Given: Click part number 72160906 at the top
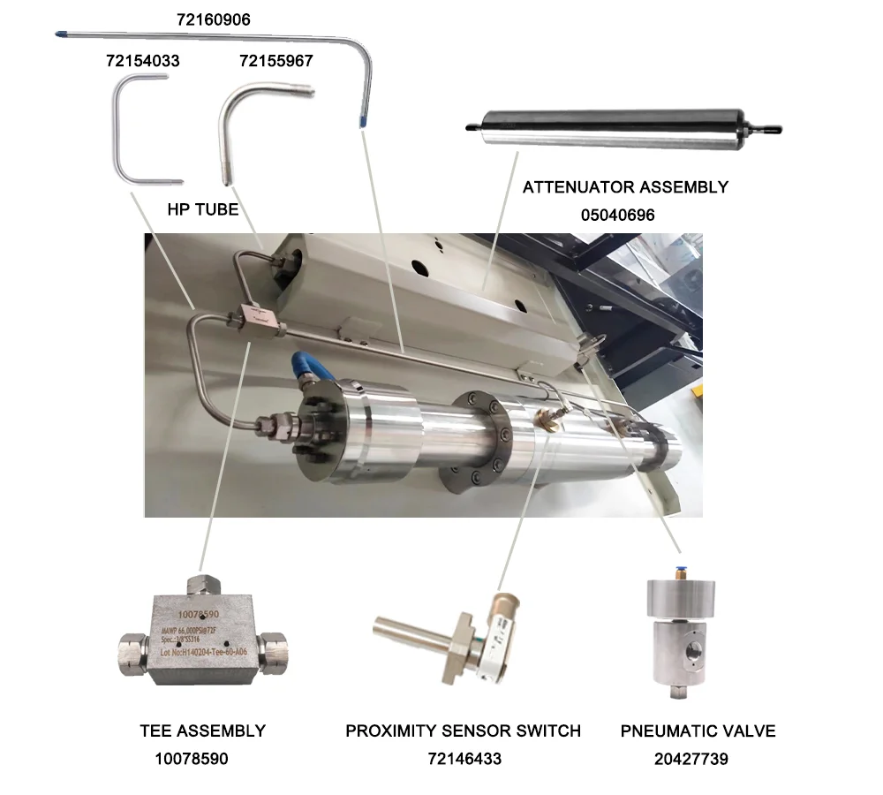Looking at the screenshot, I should (x=213, y=19).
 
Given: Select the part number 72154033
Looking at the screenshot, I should (x=142, y=61).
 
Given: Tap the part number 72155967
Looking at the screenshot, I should (x=276, y=61).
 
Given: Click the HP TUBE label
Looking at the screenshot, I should (x=203, y=210).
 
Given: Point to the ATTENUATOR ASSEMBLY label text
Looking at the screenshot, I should (x=625, y=187).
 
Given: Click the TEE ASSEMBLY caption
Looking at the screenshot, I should (x=202, y=731).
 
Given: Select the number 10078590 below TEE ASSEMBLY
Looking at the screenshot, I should (x=191, y=759).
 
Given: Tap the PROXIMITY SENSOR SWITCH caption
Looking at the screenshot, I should (x=463, y=731).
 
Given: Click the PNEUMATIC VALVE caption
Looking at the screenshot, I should (x=698, y=731).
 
